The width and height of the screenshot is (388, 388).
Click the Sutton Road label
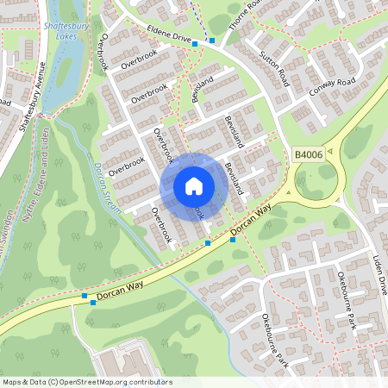[274, 67]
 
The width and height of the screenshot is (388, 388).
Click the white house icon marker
[193, 185]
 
